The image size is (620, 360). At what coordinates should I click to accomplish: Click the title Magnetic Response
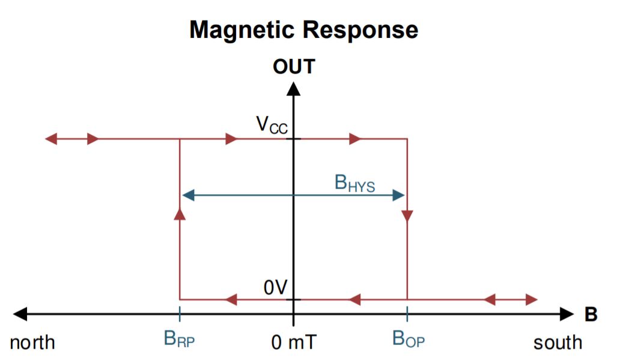pos(303,29)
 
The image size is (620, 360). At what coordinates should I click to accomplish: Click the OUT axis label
pos(294,66)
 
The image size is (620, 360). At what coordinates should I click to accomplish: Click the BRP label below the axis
pos(180,339)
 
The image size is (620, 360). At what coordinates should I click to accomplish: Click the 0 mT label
pos(294,343)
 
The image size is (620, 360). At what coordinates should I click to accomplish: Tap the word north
pos(32,343)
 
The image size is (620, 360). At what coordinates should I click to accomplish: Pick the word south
pos(558,343)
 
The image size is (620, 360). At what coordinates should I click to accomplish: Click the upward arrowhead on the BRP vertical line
pos(180,214)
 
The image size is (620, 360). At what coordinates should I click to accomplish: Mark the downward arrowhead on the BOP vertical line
pos(407,215)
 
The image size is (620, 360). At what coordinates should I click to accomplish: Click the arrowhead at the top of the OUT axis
pos(294,88)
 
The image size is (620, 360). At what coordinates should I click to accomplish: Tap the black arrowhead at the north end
pos(20,314)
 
